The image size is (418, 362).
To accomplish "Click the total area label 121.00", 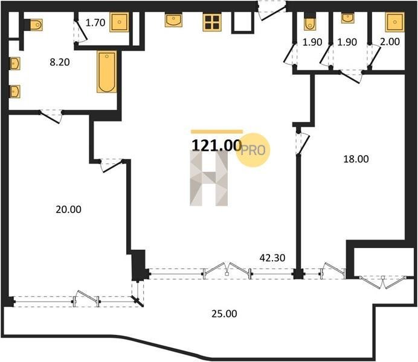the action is pyautogui.click(x=216, y=145).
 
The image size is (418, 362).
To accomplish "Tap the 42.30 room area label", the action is pyautogui.click(x=272, y=258).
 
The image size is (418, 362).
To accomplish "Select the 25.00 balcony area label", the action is pyautogui.click(x=224, y=314).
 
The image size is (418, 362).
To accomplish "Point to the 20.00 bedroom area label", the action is pyautogui.click(x=68, y=209).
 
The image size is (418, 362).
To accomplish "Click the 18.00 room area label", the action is pyautogui.click(x=356, y=159).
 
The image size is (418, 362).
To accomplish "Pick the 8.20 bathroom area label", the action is pyautogui.click(x=60, y=62).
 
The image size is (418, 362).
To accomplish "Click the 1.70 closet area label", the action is pyautogui.click(x=95, y=23).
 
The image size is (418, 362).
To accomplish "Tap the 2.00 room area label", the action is pyautogui.click(x=390, y=42).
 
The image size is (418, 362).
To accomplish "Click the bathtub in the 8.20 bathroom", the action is pyautogui.click(x=107, y=72).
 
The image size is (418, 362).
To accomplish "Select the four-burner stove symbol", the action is pyautogui.click(x=212, y=22).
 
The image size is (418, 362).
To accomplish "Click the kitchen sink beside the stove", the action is pyautogui.click(x=173, y=21).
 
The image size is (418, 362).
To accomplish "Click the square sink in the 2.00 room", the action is pyautogui.click(x=395, y=22).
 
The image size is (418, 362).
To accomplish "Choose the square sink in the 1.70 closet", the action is pyautogui.click(x=119, y=22).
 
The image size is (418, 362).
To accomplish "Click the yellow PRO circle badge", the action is pyautogui.click(x=252, y=150).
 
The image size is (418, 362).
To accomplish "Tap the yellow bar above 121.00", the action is pyautogui.click(x=217, y=132).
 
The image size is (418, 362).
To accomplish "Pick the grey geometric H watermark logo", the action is pyautogui.click(x=209, y=178).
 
